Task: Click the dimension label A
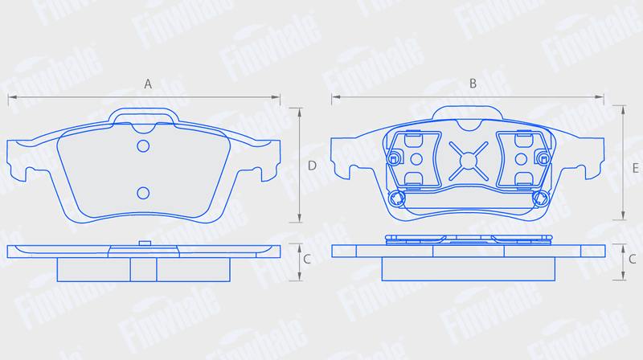click(x=148, y=84)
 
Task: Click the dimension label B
click(x=473, y=84)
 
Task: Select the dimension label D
click(x=312, y=166)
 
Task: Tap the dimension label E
click(x=635, y=168)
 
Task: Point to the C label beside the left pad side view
click(x=307, y=259)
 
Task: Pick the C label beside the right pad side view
click(x=632, y=259)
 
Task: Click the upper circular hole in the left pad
click(x=143, y=146)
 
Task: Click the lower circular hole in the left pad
click(x=143, y=193)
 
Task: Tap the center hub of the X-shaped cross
click(x=469, y=161)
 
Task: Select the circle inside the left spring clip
click(x=416, y=159)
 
